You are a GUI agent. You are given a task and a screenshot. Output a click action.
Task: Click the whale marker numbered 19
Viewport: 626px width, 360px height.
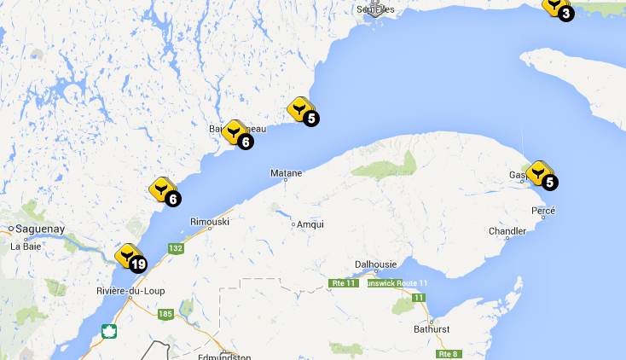[130, 257]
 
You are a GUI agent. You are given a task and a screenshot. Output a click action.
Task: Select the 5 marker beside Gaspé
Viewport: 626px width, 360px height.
[541, 175]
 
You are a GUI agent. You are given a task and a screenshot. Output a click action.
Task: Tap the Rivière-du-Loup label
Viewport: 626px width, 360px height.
[130, 291]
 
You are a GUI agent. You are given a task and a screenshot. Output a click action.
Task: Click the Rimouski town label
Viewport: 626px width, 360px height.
[210, 222]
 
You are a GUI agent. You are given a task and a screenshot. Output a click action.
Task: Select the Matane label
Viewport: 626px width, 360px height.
[286, 173]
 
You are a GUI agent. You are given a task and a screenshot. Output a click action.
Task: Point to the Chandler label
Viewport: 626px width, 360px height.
[507, 231]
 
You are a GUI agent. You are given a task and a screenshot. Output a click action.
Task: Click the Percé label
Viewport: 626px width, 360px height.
[543, 211]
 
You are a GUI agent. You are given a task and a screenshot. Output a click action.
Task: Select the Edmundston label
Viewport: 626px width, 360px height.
[225, 356]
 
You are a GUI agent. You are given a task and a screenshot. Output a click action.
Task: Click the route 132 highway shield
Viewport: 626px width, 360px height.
[176, 248]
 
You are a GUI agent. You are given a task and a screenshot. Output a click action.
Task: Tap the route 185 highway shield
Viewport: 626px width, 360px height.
[164, 314]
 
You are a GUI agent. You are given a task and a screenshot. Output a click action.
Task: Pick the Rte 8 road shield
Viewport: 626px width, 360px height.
[449, 353]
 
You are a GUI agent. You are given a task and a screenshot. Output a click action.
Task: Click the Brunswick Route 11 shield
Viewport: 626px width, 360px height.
[395, 282]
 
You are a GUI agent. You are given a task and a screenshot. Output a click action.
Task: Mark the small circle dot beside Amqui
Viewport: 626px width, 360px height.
[293, 225]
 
